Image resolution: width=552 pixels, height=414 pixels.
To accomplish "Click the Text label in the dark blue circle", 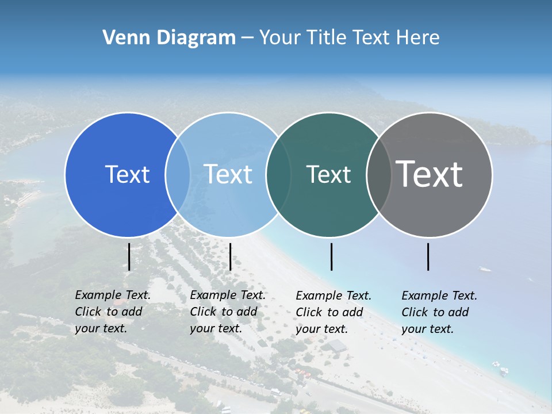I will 127,174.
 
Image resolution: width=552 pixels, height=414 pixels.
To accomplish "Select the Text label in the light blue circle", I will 228,174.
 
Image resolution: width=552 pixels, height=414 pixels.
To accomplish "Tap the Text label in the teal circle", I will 328,174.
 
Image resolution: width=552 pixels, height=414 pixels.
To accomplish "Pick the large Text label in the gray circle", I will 430,174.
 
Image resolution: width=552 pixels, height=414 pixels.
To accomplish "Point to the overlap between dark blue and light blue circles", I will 178,174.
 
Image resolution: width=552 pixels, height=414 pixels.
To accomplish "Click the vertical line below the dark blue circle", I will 129,256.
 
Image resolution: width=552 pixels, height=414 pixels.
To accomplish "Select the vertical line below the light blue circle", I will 230,256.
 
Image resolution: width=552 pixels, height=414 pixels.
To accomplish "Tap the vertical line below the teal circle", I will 331,256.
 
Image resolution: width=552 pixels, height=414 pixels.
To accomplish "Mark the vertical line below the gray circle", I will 428,256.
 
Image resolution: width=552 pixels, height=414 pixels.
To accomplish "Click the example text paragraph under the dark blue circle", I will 113,312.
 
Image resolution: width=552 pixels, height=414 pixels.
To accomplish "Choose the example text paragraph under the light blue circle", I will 228,312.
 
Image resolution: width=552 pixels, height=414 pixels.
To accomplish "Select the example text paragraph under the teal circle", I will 333,312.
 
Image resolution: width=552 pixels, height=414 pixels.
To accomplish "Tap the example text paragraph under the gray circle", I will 439,312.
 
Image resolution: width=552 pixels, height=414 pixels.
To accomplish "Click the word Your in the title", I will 281,38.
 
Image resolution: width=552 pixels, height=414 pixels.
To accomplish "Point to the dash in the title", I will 247,38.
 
